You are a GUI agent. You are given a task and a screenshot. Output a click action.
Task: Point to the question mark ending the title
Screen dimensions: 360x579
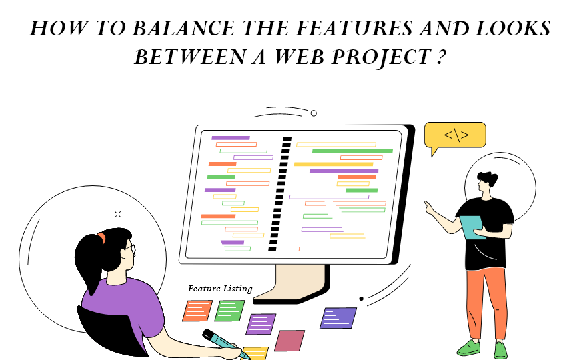440,57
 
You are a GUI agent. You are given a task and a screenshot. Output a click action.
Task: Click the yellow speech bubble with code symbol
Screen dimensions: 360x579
455,136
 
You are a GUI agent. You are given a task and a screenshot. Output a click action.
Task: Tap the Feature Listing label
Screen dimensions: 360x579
220,289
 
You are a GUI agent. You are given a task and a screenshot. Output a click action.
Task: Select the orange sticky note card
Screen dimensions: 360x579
197,311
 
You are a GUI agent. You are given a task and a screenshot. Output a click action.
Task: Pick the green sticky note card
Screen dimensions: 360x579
229,310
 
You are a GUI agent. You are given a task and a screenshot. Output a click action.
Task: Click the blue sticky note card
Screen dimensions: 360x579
338,317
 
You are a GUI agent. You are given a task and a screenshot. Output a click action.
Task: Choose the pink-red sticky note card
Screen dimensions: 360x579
289,340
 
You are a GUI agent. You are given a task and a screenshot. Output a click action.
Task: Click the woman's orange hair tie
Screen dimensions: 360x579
101,237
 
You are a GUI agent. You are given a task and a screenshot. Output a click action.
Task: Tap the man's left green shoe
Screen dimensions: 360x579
468,347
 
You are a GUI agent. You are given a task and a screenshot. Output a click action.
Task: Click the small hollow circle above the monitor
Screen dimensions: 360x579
314,113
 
